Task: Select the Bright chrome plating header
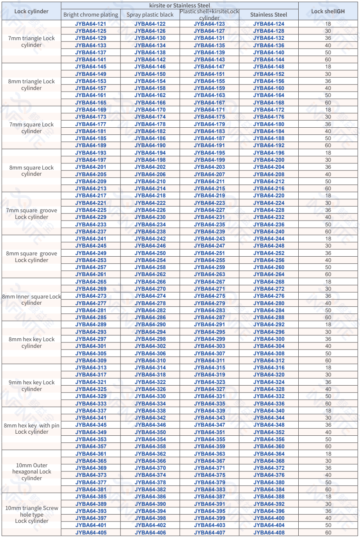[91, 15]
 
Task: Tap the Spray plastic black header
[150, 15]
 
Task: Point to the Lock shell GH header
[328, 11]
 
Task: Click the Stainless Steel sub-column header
[268, 15]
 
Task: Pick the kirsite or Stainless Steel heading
[180, 5]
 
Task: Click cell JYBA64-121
[91, 24]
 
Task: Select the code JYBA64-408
[269, 532]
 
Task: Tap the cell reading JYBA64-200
[269, 160]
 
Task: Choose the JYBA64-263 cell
[209, 274]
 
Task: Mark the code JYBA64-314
[150, 368]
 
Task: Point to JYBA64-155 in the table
[209, 81]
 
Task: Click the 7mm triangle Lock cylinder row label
[31, 41]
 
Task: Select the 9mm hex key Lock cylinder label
[31, 386]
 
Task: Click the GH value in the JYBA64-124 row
[328, 24]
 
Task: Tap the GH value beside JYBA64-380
[328, 482]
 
